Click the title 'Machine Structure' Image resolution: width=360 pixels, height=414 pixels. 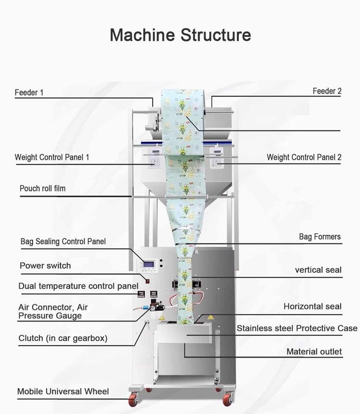click(180, 35)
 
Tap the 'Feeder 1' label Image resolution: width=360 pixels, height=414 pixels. click(29, 93)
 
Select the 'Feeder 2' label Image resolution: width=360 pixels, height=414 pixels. click(327, 91)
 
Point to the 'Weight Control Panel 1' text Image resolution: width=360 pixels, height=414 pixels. click(52, 157)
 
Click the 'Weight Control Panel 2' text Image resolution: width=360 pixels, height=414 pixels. click(304, 157)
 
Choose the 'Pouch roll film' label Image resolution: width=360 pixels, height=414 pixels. click(42, 189)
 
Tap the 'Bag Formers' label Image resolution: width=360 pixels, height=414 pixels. click(320, 236)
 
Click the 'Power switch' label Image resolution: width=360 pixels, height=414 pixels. click(45, 265)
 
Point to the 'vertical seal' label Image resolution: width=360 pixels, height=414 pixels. click(318, 270)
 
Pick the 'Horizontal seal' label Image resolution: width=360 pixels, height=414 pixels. click(312, 306)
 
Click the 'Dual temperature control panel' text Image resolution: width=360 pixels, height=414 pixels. click(78, 286)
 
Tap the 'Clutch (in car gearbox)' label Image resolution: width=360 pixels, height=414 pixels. click(63, 338)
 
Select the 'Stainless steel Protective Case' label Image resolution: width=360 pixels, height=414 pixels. click(297, 328)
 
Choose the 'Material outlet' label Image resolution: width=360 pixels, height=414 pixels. click(314, 352)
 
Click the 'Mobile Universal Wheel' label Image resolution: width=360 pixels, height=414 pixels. click(63, 391)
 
